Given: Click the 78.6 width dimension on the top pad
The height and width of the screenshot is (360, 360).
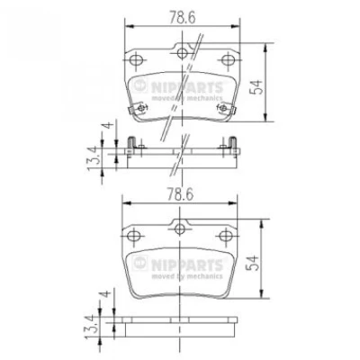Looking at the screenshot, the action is (183, 17).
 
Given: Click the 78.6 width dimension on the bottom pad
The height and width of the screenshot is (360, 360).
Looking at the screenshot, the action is (180, 194).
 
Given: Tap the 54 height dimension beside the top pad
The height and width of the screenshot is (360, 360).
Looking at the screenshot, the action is (256, 87).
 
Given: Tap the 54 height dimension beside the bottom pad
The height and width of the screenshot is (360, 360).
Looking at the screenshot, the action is (252, 263).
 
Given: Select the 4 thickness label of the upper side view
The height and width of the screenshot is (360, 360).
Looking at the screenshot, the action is (109, 124).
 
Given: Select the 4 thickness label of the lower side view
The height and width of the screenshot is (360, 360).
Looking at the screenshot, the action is (106, 292).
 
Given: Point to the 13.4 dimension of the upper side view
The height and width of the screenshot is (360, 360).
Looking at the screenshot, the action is (94, 157).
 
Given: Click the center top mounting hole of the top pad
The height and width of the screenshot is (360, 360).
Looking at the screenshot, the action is (182, 53).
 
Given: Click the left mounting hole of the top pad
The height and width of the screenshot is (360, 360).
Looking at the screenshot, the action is (135, 59).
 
